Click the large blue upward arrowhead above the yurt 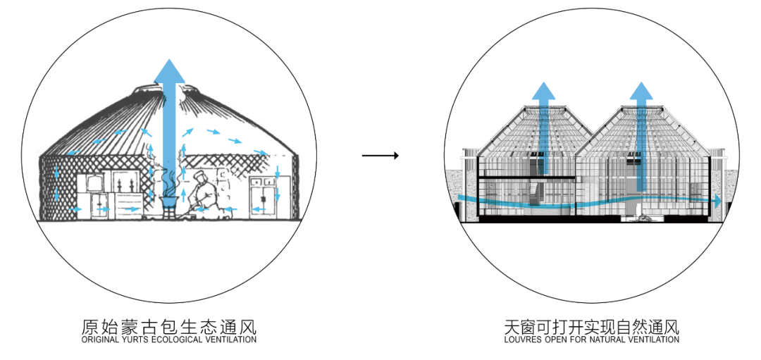[x=169, y=71]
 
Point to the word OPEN [x=555, y=340]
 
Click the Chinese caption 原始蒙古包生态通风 [x=169, y=327]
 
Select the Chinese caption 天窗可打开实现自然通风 [x=591, y=327]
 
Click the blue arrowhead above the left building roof [x=543, y=92]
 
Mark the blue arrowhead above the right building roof [x=641, y=92]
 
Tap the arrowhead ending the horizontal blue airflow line [x=717, y=201]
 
